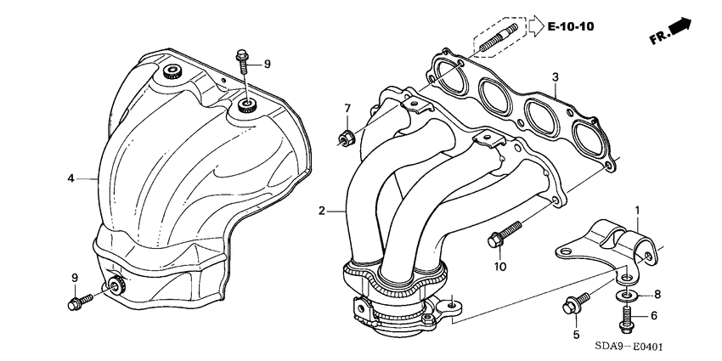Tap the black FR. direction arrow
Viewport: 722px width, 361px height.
[x=682, y=30]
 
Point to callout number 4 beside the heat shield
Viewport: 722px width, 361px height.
[x=71, y=178]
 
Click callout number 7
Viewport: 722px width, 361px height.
[x=347, y=107]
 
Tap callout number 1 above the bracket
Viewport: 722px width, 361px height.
[x=637, y=210]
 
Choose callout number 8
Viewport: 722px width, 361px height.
[x=655, y=296]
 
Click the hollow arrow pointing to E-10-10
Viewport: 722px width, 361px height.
[x=534, y=27]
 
